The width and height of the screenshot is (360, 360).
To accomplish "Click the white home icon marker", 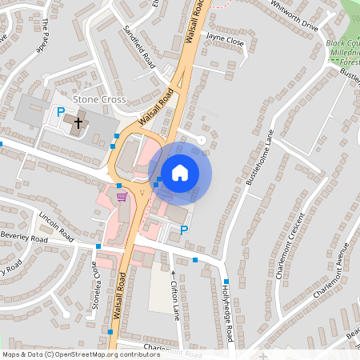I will tap(180, 172).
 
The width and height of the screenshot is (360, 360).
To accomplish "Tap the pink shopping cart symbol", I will tap(122, 197).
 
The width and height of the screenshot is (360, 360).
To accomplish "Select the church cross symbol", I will tap(78, 122).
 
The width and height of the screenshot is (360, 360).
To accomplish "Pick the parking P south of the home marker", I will tap(184, 230).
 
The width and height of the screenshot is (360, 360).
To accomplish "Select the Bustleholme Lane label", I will tap(260, 158).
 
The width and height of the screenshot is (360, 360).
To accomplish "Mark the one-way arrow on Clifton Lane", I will tap(174, 274).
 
